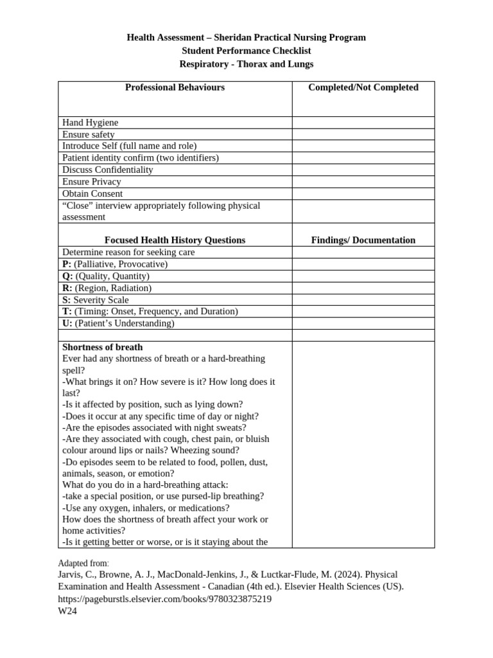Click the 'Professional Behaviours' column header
pyautogui.click(x=175, y=87)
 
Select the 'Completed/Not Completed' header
pyautogui.click(x=363, y=87)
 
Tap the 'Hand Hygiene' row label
pyautogui.click(x=91, y=122)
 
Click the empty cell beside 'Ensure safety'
pyautogui.click(x=363, y=134)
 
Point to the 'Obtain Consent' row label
pyautogui.click(x=92, y=193)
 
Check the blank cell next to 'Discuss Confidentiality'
pyautogui.click(x=363, y=170)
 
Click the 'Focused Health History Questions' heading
pyautogui.click(x=175, y=240)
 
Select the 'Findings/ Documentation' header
pyautogui.click(x=363, y=240)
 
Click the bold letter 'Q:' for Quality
pyautogui.click(x=67, y=276)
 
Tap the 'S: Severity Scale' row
pyautogui.click(x=96, y=300)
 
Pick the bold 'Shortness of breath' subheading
pyautogui.click(x=103, y=347)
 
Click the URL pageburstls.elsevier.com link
pyautogui.click(x=165, y=599)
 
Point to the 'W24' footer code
pyautogui.click(x=67, y=611)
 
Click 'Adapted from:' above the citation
pyautogui.click(x=83, y=563)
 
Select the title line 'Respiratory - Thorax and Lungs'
pyautogui.click(x=246, y=64)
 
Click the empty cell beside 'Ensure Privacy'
pyautogui.click(x=363, y=182)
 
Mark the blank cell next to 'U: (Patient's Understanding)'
pyautogui.click(x=363, y=323)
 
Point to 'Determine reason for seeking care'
pyautogui.click(x=128, y=253)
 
